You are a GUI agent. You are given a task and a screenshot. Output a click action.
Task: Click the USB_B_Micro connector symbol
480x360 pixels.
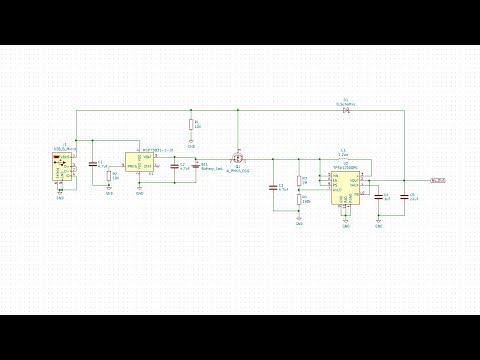[62, 166]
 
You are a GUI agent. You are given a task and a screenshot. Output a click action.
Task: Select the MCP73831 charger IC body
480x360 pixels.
[139, 164]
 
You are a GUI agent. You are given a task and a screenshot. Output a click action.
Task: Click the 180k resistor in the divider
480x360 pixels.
[300, 200]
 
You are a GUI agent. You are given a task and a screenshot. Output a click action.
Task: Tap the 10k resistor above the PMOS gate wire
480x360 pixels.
[191, 125]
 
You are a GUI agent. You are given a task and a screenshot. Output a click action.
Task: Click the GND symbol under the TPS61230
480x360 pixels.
[345, 222]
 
